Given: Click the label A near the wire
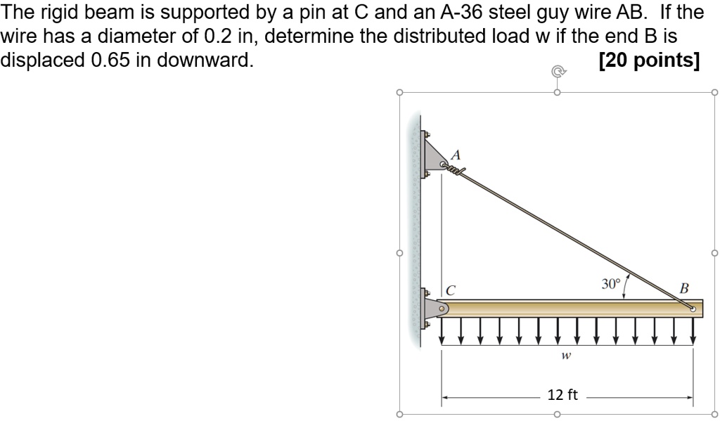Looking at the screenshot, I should click(x=456, y=154).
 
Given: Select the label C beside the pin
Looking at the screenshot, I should click(x=451, y=289).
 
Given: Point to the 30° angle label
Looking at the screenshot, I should click(x=611, y=284).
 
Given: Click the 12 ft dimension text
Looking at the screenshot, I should click(x=562, y=395).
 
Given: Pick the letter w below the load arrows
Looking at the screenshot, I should click(x=565, y=356).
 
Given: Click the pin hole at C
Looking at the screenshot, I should click(x=442, y=308).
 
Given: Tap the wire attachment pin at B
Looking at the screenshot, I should click(x=693, y=308).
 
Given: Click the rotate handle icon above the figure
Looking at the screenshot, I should click(x=557, y=71).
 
